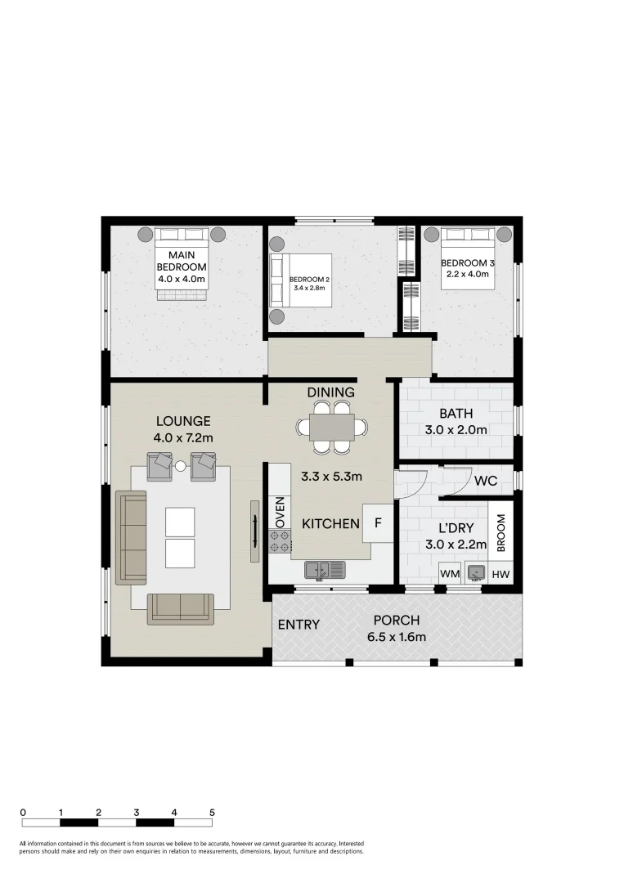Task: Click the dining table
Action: pyautogui.click(x=331, y=426)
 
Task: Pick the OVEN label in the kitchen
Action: pyautogui.click(x=280, y=511)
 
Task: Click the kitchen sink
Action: pyautogui.click(x=325, y=569)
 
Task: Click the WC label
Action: pyautogui.click(x=485, y=480)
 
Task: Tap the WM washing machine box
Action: pyautogui.click(x=450, y=575)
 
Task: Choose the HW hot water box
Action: pyautogui.click(x=501, y=575)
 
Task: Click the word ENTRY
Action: pyautogui.click(x=299, y=625)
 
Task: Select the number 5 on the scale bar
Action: pyautogui.click(x=212, y=813)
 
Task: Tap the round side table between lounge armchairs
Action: pyautogui.click(x=181, y=465)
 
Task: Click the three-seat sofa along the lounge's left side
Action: pyautogui.click(x=131, y=537)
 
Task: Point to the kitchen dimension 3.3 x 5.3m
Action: pyautogui.click(x=331, y=476)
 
